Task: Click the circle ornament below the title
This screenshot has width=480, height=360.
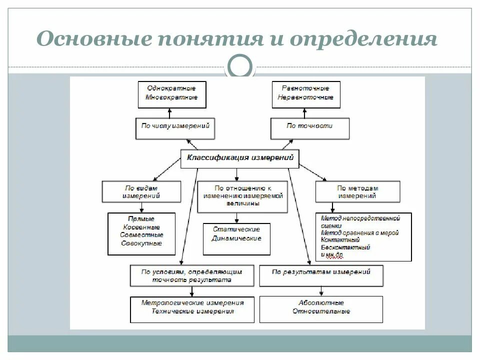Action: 240,64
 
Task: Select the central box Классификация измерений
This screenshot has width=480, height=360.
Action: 239,158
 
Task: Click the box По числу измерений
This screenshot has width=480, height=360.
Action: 175,127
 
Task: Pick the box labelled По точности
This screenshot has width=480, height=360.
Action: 309,127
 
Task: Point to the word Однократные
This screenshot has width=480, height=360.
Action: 171,88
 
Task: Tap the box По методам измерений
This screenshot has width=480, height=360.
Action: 357,192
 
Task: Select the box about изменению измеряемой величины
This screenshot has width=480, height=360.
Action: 243,195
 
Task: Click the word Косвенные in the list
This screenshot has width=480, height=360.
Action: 141,226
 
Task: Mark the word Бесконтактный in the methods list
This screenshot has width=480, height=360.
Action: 345,247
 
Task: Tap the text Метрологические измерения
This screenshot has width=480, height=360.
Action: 192,302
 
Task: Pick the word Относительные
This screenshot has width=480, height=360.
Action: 321,311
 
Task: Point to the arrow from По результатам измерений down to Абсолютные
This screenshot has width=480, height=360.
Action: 321,291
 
